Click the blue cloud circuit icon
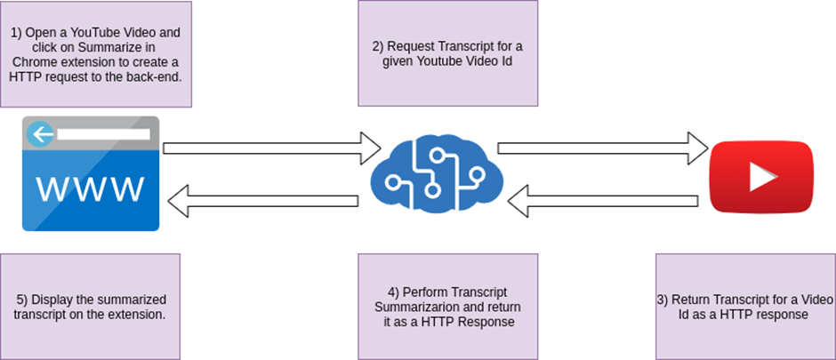click(436, 173)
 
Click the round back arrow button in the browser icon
click(38, 135)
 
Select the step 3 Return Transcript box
click(744, 305)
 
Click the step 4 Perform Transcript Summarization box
click(447, 305)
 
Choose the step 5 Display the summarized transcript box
click(91, 305)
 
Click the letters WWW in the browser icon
click(90, 188)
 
